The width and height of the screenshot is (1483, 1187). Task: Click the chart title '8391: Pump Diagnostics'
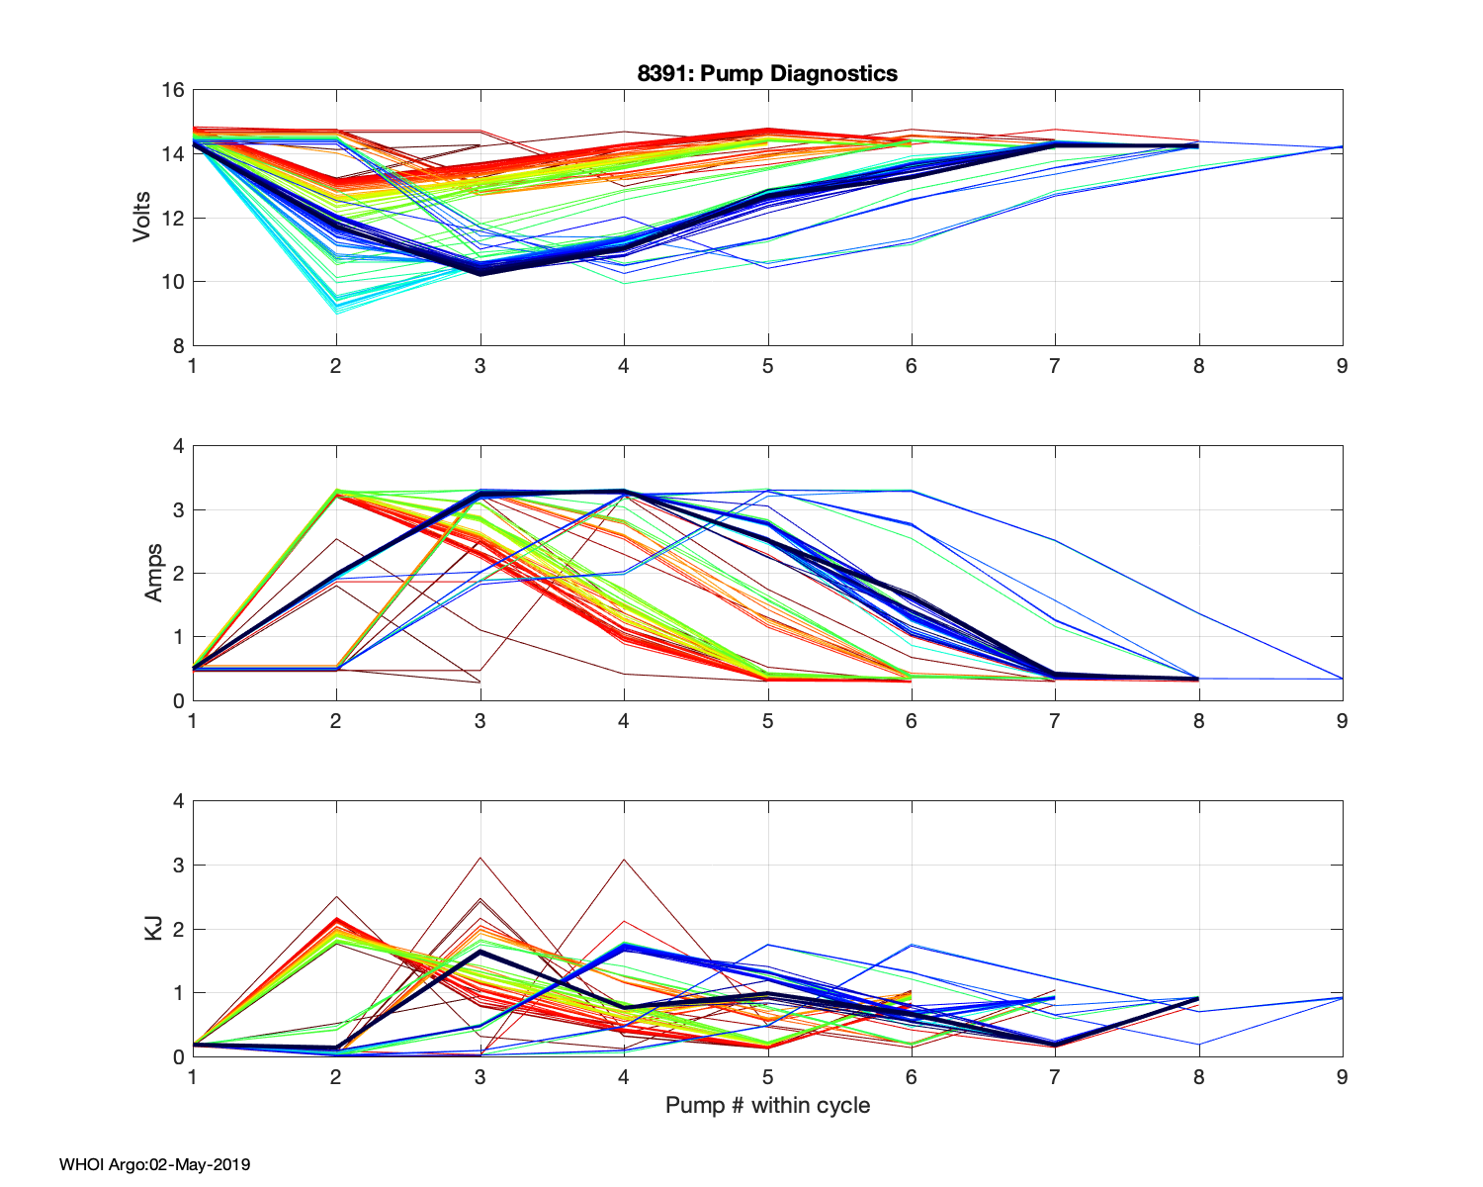[x=767, y=73]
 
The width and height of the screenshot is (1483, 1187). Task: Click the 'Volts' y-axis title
[x=142, y=218]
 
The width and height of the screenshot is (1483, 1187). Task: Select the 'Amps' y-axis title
[x=153, y=573]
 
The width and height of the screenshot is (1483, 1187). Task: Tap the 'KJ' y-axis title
[x=153, y=928]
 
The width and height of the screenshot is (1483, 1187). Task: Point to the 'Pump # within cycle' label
[x=767, y=1105]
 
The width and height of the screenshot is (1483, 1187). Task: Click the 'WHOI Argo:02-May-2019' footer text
[x=154, y=1164]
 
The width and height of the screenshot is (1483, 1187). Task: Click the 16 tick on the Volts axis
[x=173, y=90]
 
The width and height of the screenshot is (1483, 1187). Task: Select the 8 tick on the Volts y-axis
[x=178, y=345]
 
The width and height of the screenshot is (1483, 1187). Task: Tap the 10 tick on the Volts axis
[x=173, y=282]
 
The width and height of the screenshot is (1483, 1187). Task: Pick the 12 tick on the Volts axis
[x=173, y=218]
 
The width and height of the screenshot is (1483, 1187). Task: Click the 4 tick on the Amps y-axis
[x=178, y=446]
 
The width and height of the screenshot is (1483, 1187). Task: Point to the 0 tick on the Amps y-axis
[x=178, y=700]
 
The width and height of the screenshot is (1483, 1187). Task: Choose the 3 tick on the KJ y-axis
[x=178, y=866]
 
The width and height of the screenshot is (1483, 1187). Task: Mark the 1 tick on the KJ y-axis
[x=178, y=992]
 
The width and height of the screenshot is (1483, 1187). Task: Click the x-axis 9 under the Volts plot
[x=1342, y=366]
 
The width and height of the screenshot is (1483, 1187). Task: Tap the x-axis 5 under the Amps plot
[x=767, y=721]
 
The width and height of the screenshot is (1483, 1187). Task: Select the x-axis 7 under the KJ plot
[x=1055, y=1076]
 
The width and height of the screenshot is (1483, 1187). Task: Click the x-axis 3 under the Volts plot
[x=480, y=366]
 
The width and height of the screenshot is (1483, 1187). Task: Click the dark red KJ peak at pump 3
[x=480, y=858]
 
